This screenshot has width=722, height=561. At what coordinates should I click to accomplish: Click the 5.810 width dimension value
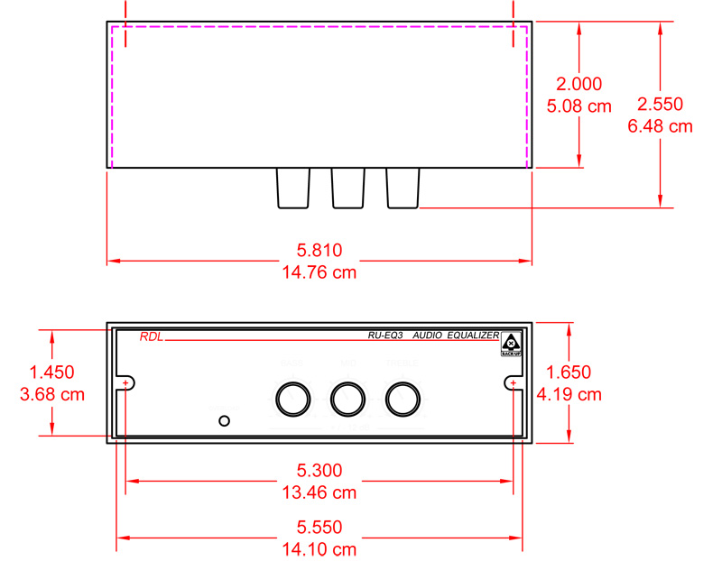click(319, 250)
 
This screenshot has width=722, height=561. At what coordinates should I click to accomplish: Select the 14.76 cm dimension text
click(319, 271)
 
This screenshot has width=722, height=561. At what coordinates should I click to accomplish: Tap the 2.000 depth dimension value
click(579, 84)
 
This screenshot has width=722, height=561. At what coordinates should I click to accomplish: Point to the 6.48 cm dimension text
click(660, 126)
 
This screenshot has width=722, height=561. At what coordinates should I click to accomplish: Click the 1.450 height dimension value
click(52, 372)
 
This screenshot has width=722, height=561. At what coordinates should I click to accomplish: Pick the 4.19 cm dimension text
click(569, 393)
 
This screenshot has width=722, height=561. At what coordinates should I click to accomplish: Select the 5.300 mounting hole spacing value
click(319, 471)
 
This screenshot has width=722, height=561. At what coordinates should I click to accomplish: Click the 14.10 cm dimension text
click(319, 548)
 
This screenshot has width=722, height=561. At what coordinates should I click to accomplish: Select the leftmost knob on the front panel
click(292, 398)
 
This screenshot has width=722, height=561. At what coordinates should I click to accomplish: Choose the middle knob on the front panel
click(347, 398)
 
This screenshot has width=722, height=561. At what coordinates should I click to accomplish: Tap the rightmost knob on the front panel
click(403, 398)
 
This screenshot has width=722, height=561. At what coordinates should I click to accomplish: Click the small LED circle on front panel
click(225, 420)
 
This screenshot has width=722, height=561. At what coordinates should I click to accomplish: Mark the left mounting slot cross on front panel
click(125, 384)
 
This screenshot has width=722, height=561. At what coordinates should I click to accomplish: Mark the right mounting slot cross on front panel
click(514, 384)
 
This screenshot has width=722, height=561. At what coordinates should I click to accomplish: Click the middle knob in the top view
click(347, 189)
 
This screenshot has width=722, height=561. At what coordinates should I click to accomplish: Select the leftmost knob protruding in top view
click(292, 189)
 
